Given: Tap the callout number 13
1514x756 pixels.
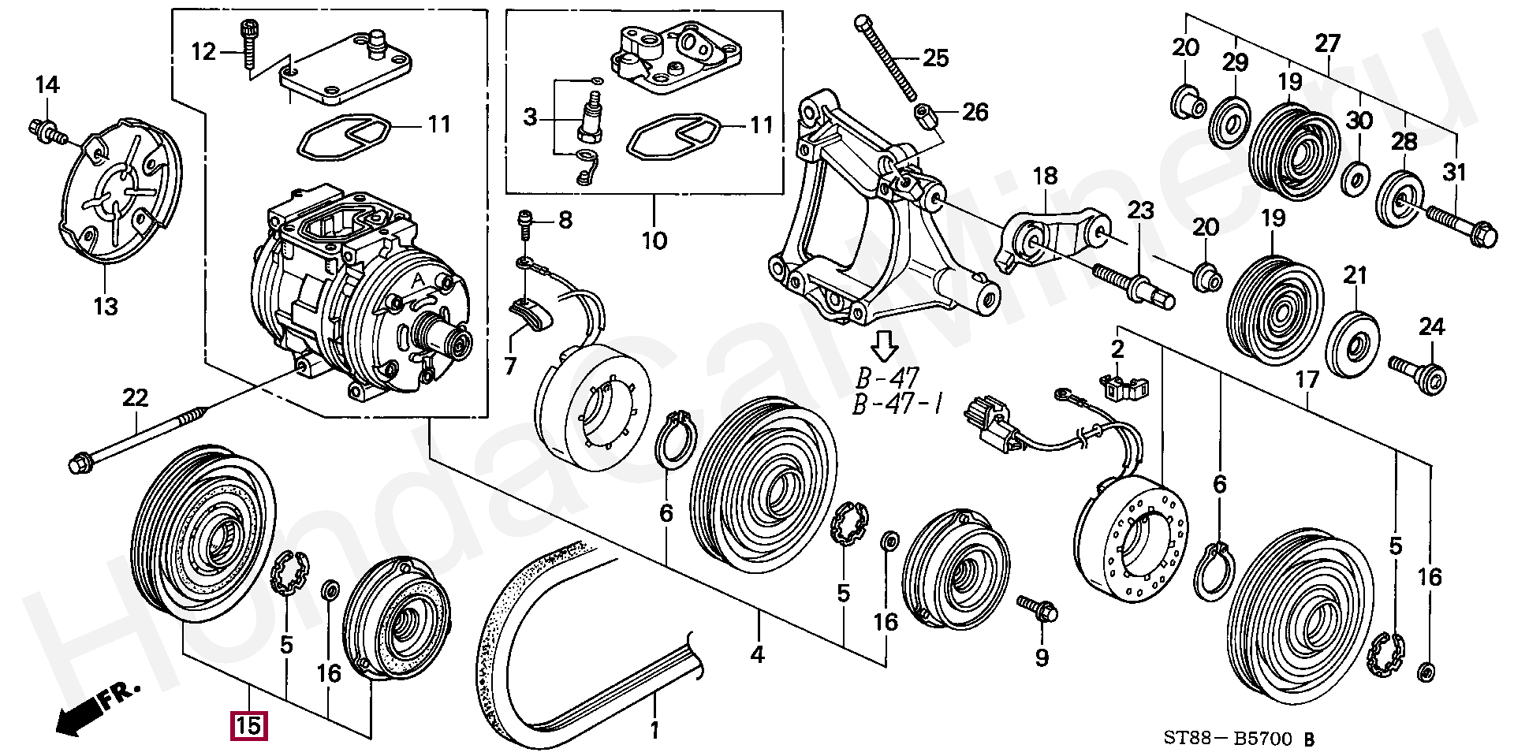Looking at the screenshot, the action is click(106, 306).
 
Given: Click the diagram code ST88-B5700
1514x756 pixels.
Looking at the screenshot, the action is click(1229, 739).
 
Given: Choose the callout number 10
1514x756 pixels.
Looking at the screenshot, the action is click(654, 239).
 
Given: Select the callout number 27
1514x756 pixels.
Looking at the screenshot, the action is click(1328, 44).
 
